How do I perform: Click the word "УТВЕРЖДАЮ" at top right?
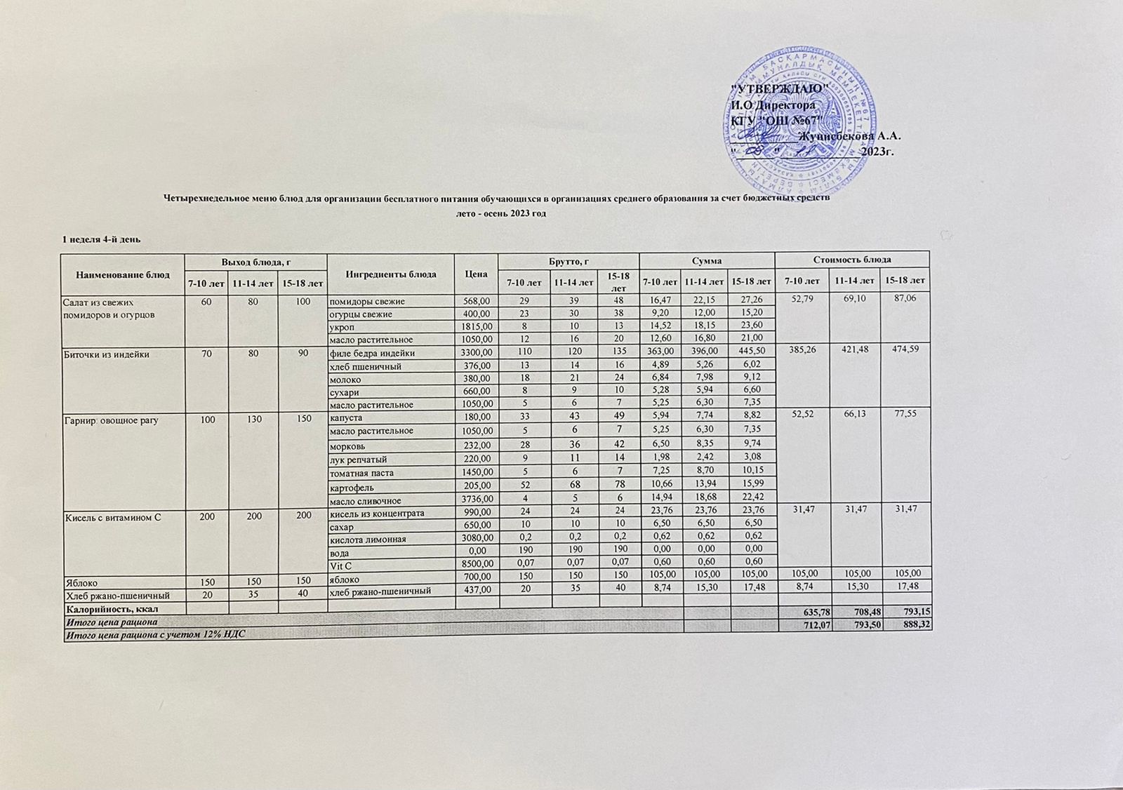780,87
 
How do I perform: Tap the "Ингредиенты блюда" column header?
391,274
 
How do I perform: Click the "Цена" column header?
476,274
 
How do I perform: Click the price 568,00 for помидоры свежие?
475,301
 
